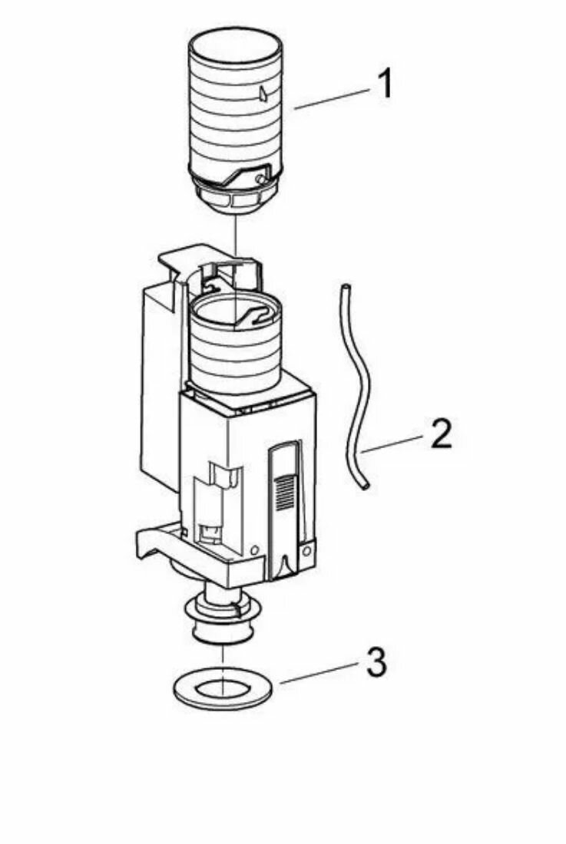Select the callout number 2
tap(440, 435)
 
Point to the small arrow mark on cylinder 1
tap(263, 94)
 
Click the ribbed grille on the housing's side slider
tap(284, 490)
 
